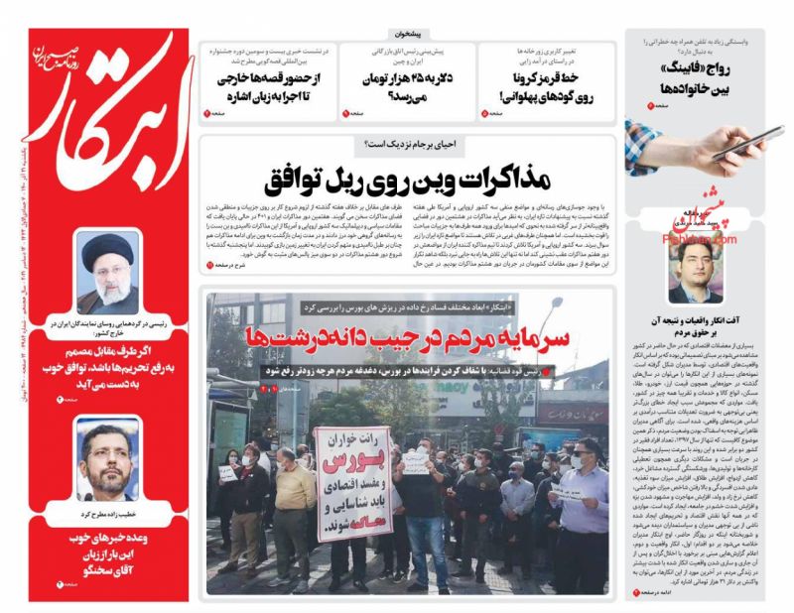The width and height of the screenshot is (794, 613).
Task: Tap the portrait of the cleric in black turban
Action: (108, 272)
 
